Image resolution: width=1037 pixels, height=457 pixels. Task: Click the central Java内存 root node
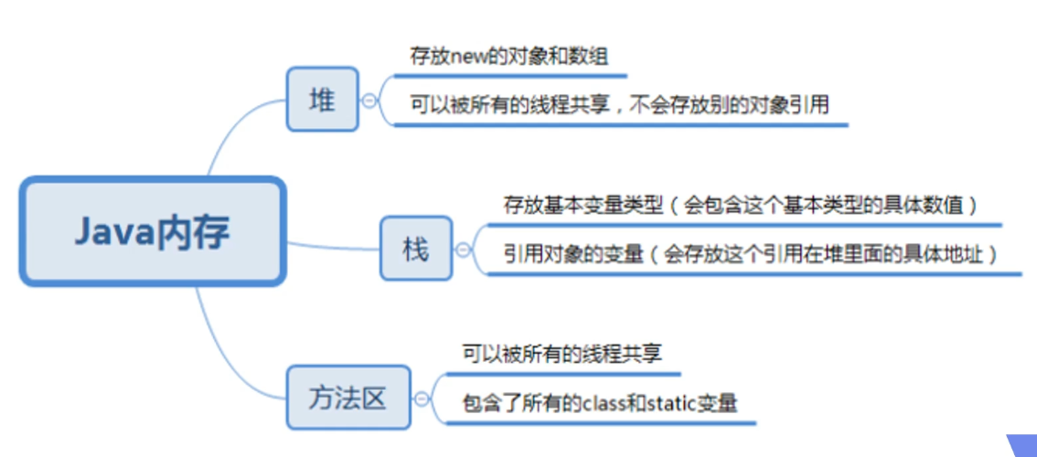[153, 231]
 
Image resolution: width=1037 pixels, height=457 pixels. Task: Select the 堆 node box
[322, 100]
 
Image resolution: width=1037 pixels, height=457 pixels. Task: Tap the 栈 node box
[416, 248]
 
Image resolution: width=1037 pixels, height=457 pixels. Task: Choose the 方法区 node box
[347, 398]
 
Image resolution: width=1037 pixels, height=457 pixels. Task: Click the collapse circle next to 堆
[369, 101]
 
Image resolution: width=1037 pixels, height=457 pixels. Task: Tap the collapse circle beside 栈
[463, 249]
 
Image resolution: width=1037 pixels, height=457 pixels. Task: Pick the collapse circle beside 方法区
[422, 399]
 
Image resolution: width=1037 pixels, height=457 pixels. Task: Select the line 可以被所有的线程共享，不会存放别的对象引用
[619, 105]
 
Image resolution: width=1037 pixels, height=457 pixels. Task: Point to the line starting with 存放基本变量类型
[741, 205]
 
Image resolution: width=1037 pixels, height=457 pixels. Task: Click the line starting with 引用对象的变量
[749, 253]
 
